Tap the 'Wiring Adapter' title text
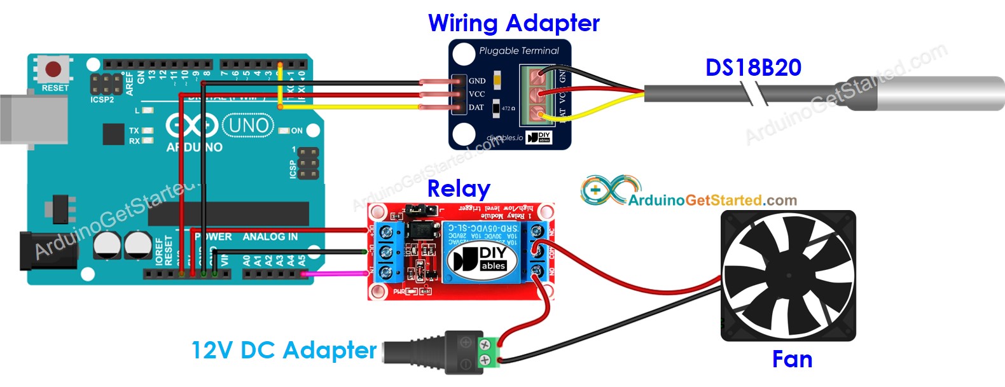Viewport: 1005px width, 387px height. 513,24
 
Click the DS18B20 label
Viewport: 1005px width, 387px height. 753,67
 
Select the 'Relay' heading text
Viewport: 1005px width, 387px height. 459,188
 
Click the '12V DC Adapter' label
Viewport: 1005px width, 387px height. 284,350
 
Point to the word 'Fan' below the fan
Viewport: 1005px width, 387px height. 792,360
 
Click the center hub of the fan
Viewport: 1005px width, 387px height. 789,275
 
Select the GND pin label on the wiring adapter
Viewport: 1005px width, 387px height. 477,81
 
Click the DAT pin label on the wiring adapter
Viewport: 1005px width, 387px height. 476,108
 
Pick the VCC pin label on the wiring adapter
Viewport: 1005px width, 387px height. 476,94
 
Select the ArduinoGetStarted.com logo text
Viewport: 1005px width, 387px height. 712,201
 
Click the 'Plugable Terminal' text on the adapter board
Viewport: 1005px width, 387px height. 518,51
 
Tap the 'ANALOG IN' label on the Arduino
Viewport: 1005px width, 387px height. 270,237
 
